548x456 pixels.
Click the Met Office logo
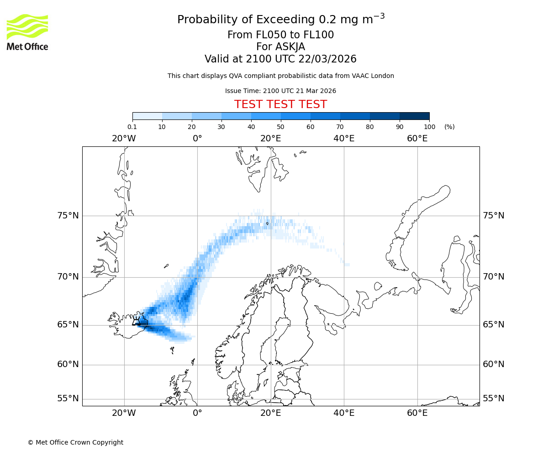(27, 32)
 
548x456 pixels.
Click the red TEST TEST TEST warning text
(280, 104)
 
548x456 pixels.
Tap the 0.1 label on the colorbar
(132, 127)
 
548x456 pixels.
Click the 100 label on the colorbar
(429, 127)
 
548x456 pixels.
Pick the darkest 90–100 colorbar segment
(414, 116)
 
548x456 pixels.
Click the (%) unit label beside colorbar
(449, 127)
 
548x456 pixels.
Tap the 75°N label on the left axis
(68, 216)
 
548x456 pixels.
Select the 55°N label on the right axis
(494, 399)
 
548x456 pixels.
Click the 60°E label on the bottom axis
(417, 413)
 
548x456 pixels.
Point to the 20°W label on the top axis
(124, 139)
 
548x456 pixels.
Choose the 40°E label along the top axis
(344, 139)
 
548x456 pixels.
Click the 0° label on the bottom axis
(197, 413)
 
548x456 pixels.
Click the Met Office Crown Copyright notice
(75, 442)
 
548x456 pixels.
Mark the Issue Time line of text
(280, 91)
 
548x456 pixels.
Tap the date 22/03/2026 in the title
(327, 59)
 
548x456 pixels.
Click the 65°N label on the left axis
(68, 325)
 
